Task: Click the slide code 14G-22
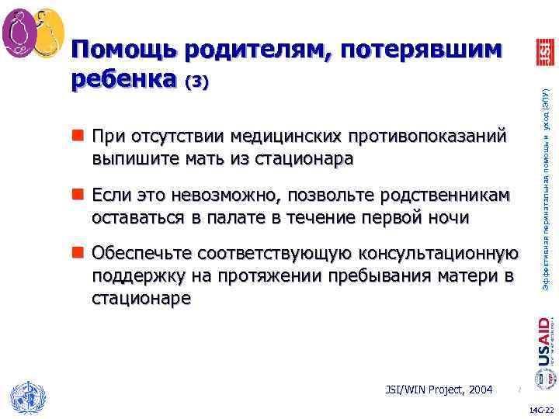[x=541, y=409]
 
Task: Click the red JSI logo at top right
[x=544, y=52]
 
